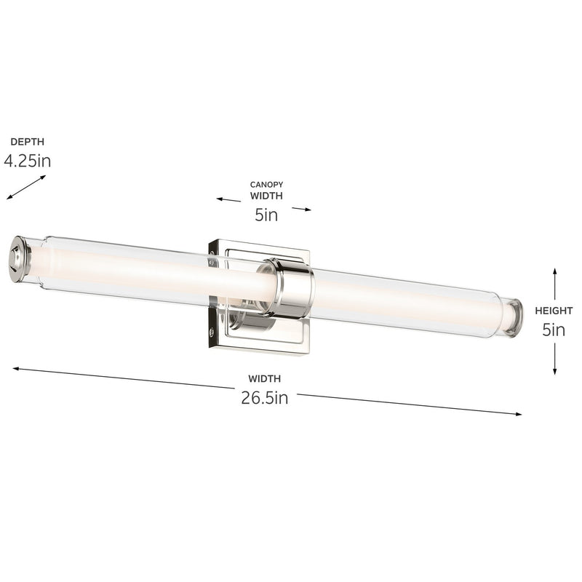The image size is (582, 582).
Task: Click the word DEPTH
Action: coord(22,142)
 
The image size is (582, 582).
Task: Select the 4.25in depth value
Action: coord(27,162)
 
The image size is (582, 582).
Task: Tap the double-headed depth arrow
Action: coord(26,187)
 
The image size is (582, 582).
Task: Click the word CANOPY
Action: coord(266,185)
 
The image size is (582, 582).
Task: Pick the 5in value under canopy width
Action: coord(266,215)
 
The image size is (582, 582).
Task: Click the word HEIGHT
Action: coord(554,311)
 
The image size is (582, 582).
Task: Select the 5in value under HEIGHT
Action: coord(554,330)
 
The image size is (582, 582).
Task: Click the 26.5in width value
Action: coord(265,398)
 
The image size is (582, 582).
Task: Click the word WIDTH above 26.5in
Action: coord(264,378)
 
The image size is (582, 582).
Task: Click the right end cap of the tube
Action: coord(514,316)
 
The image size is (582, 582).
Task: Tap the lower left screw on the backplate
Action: coord(212,331)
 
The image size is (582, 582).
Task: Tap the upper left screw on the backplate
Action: coord(212,256)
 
